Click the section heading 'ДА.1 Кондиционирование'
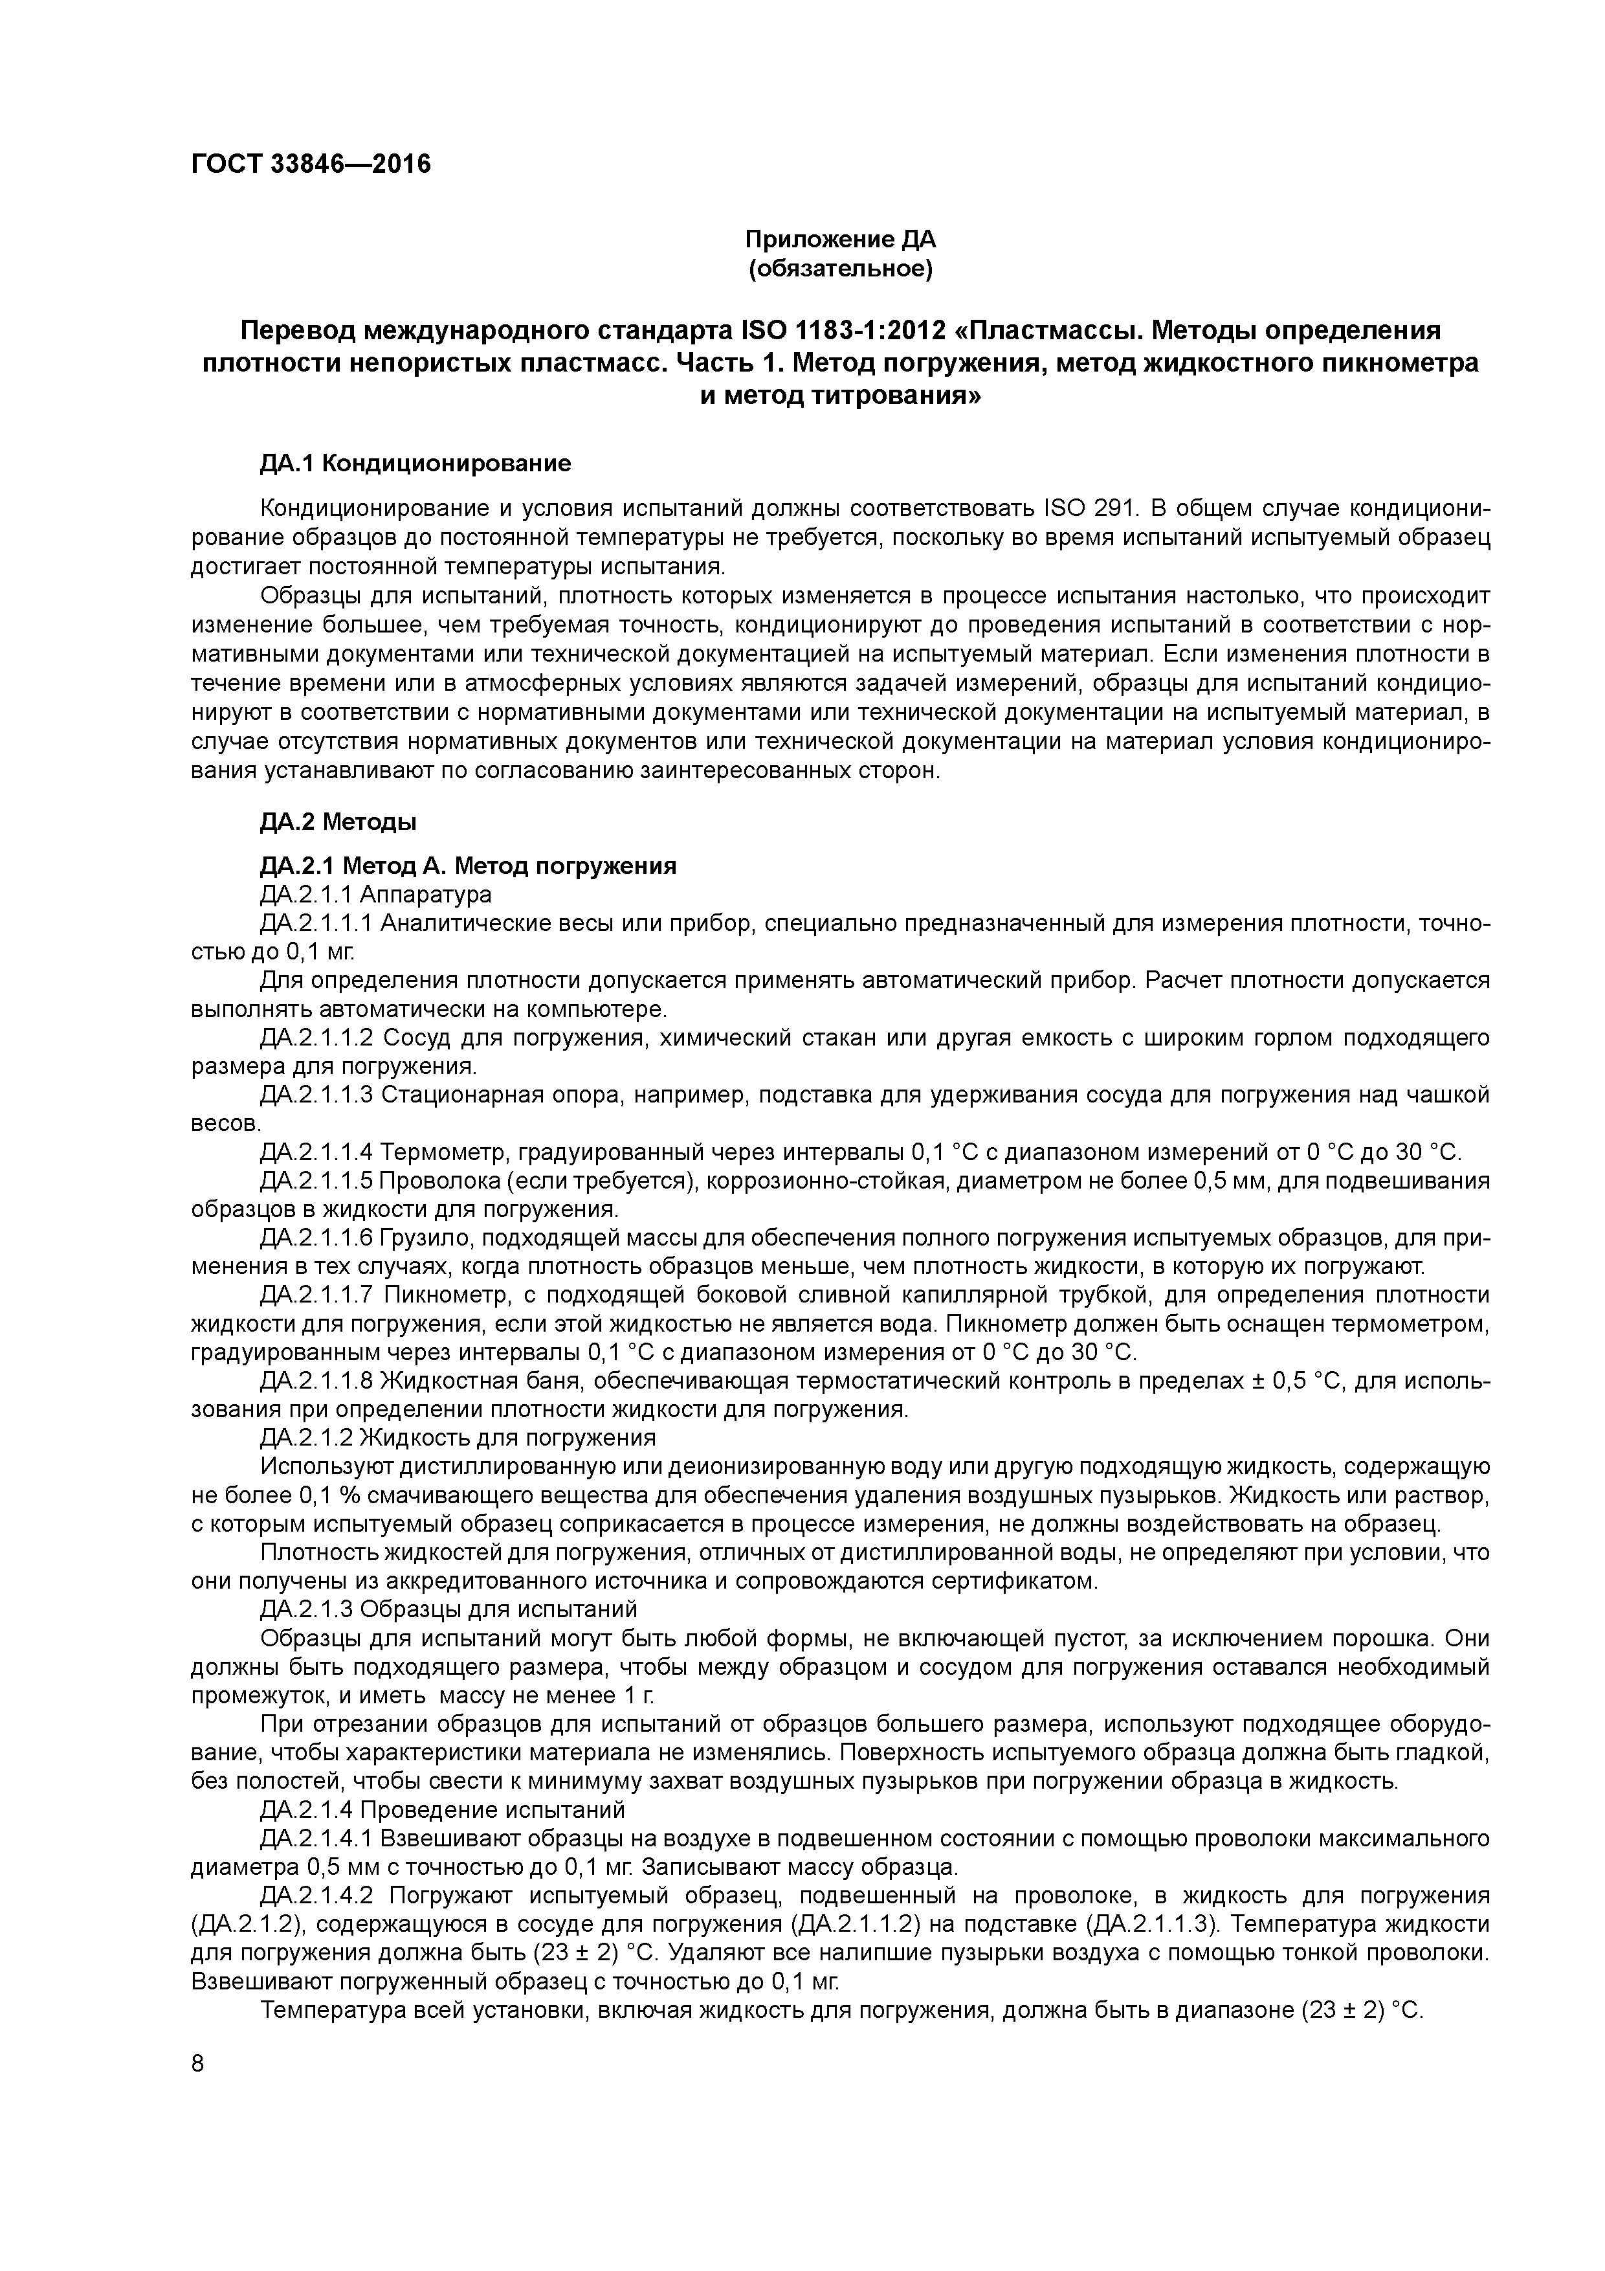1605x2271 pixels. coord(415,463)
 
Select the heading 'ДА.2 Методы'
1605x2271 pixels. coord(338,821)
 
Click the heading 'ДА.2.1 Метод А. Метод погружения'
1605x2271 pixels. coord(468,866)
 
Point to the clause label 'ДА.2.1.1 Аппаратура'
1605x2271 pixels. coord(376,894)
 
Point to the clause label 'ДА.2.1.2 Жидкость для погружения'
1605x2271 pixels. coord(458,1438)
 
